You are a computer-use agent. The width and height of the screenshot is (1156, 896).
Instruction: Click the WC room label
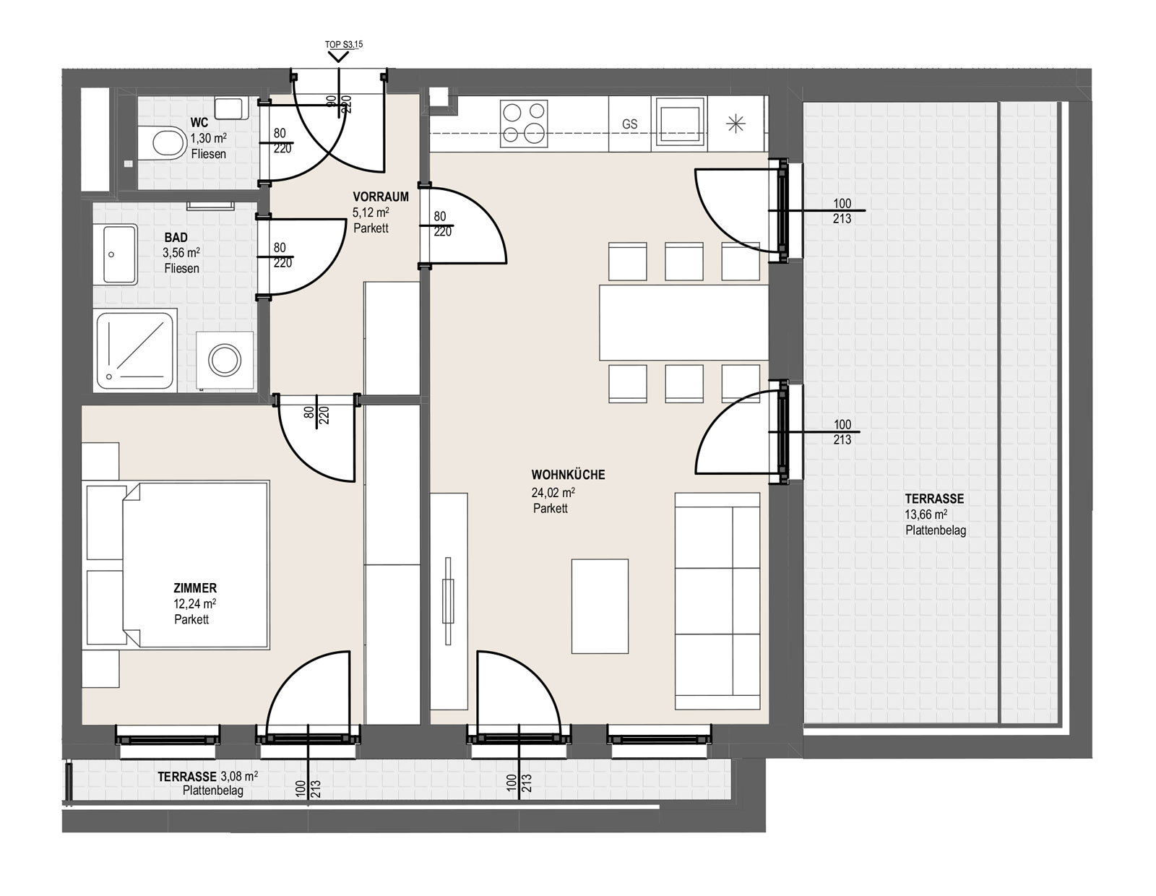pyautogui.click(x=199, y=123)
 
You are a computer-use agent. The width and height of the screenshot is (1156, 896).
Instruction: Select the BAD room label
pyautogui.click(x=176, y=237)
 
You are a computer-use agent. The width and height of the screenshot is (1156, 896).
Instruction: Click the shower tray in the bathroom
pyautogui.click(x=135, y=351)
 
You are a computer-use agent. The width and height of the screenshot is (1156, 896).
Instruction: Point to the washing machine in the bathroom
pyautogui.click(x=225, y=361)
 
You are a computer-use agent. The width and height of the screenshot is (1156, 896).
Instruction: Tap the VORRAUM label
pyautogui.click(x=380, y=197)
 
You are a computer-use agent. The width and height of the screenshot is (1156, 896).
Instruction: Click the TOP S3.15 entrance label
pyautogui.click(x=344, y=45)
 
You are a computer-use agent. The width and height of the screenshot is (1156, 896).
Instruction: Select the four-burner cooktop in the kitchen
pyautogui.click(x=524, y=124)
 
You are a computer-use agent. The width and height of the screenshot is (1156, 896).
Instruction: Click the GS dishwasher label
pyautogui.click(x=629, y=124)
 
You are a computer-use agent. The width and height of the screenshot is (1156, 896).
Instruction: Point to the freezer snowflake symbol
pyautogui.click(x=736, y=124)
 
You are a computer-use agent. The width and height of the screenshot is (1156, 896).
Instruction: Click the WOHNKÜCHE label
pyautogui.click(x=568, y=475)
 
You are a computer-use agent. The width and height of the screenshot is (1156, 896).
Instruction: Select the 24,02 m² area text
pyautogui.click(x=553, y=492)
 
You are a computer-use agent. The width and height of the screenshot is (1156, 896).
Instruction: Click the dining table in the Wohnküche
pyautogui.click(x=683, y=322)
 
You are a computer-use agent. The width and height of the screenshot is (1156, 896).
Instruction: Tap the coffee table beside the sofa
pyautogui.click(x=600, y=606)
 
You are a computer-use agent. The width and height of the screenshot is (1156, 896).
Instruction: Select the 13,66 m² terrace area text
pyautogui.click(x=926, y=514)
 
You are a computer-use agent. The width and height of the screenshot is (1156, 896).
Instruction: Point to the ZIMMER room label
pyautogui.click(x=194, y=588)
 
